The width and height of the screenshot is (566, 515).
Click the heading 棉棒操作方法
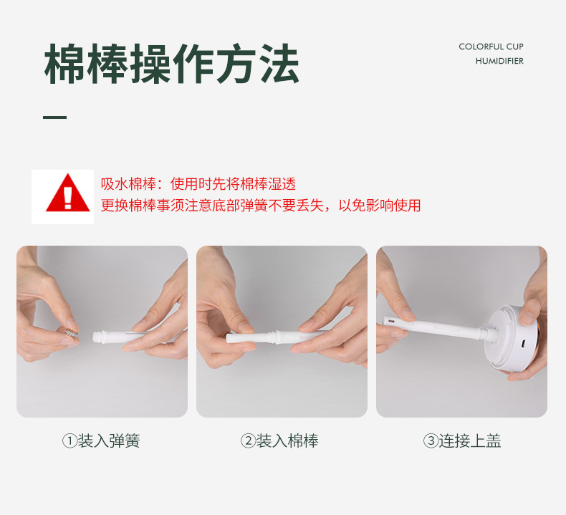pyautogui.click(x=171, y=64)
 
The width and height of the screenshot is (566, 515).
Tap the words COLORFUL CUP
pyautogui.click(x=491, y=47)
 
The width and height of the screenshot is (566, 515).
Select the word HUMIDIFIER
pyautogui.click(x=499, y=61)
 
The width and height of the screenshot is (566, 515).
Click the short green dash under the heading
pyautogui.click(x=54, y=117)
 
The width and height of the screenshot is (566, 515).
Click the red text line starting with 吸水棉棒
pyautogui.click(x=198, y=184)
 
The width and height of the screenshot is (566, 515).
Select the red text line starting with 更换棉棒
pyautogui.click(x=260, y=206)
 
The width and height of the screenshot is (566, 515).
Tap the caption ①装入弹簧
pyautogui.click(x=101, y=441)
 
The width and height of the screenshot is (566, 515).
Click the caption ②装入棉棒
pyautogui.click(x=280, y=441)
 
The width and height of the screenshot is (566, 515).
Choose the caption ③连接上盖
pyautogui.click(x=462, y=441)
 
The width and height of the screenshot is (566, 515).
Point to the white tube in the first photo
pyautogui.click(x=125, y=334)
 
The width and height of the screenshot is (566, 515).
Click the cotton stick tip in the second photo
pyautogui.click(x=236, y=338)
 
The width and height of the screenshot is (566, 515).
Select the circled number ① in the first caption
pyautogui.click(x=69, y=441)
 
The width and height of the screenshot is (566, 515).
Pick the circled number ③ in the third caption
pyautogui.click(x=431, y=441)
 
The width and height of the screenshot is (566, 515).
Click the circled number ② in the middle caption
pyautogui.click(x=248, y=441)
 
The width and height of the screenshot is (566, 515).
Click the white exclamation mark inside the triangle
pyautogui.click(x=68, y=196)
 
